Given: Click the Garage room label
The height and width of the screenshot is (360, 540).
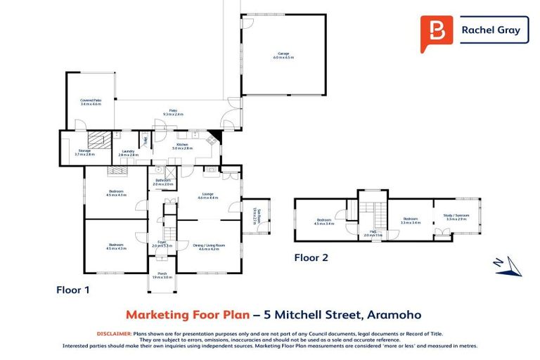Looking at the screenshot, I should (283, 53).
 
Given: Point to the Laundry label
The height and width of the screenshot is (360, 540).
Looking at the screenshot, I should (127, 152).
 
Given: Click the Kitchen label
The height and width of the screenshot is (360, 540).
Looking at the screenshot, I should (182, 146).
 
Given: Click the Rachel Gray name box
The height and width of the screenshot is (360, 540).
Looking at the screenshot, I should (491, 30).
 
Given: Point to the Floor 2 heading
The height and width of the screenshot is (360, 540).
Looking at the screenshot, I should (311, 257).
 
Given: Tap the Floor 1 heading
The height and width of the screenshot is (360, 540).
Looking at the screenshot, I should (73, 289).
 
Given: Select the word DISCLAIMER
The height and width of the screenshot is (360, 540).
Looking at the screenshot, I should (113, 333).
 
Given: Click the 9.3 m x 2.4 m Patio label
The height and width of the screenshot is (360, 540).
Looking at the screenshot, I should (173, 112).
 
